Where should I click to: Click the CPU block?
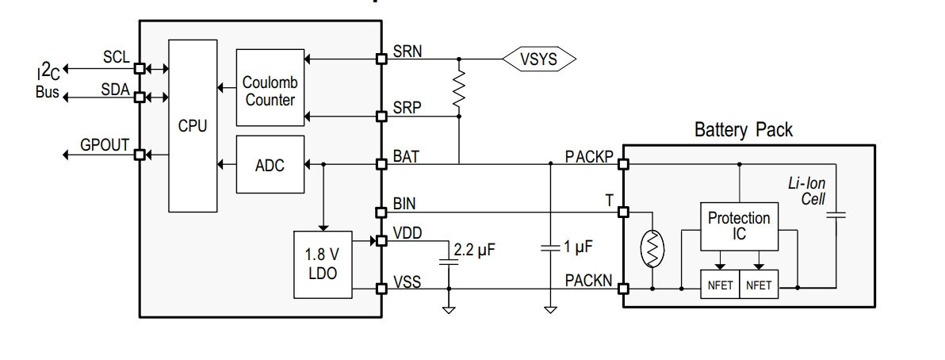(193, 126)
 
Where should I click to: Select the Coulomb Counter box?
(270, 87)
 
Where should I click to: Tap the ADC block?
(270, 165)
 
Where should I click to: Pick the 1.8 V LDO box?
(323, 265)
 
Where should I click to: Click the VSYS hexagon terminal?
(539, 59)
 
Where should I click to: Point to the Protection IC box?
(739, 226)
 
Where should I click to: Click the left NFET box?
(720, 284)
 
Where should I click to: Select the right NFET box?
(759, 284)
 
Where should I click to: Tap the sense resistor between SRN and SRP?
(459, 88)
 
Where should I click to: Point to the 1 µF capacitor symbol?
(550, 248)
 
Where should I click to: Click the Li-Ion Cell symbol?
(836, 214)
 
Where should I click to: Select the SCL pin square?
(140, 69)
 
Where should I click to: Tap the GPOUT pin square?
(140, 155)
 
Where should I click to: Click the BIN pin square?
(381, 213)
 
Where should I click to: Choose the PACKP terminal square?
(623, 164)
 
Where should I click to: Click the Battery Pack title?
(744, 130)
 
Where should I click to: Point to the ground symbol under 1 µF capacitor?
(550, 310)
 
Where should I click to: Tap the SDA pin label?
(115, 90)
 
